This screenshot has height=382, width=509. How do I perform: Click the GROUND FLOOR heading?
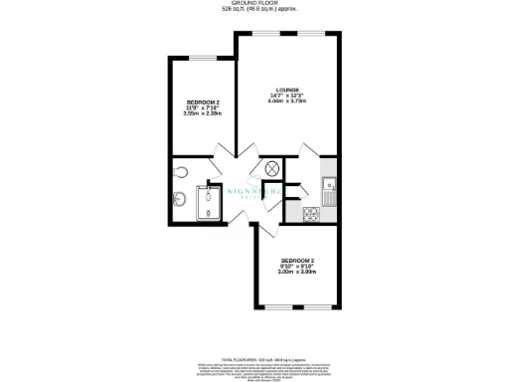(254, 4)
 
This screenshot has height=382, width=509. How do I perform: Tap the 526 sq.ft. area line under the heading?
(254, 11)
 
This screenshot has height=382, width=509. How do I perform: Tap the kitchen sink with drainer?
(329, 185)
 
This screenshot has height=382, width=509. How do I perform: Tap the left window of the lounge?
(263, 33)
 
